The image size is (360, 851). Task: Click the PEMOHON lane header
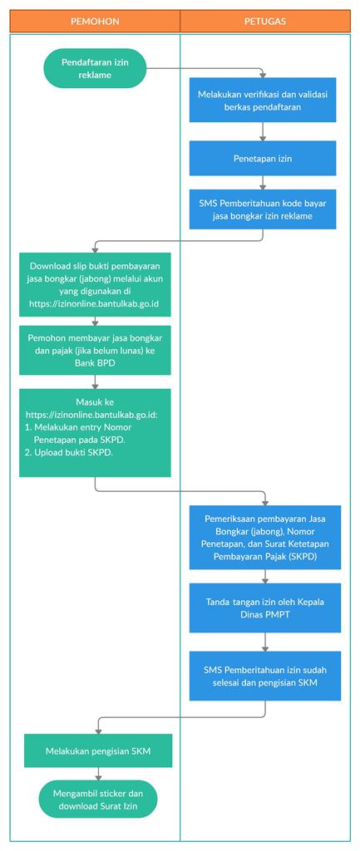pyautogui.click(x=95, y=21)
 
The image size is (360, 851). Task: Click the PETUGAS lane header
pyautogui.click(x=265, y=21)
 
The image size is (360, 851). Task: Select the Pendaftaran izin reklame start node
pyautogui.click(x=95, y=68)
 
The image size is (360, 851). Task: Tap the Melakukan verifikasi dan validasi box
pyautogui.click(x=263, y=100)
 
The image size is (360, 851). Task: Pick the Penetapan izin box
pyautogui.click(x=263, y=158)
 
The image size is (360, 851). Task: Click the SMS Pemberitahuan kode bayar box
pyautogui.click(x=263, y=209)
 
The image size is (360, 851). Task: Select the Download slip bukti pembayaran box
pyautogui.click(x=95, y=284)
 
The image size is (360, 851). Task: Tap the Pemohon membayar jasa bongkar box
pyautogui.click(x=95, y=350)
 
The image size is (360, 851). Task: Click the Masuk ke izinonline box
pyautogui.click(x=95, y=432)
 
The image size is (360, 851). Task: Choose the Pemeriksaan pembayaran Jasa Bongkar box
pyautogui.click(x=265, y=538)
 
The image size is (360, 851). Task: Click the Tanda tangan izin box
pyautogui.click(x=265, y=608)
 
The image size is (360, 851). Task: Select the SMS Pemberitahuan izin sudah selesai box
pyautogui.click(x=265, y=676)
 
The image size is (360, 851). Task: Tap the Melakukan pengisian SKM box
pyautogui.click(x=98, y=750)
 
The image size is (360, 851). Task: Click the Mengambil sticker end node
pyautogui.click(x=98, y=799)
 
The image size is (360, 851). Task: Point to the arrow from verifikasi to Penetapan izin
pyautogui.click(x=263, y=131)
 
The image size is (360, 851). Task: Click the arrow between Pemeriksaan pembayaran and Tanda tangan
pyautogui.click(x=265, y=577)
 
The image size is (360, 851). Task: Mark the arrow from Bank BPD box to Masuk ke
pyautogui.click(x=95, y=381)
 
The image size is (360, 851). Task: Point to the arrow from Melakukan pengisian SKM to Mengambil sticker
pyautogui.click(x=98, y=774)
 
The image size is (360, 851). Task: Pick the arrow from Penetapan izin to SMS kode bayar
pyautogui.click(x=263, y=182)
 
